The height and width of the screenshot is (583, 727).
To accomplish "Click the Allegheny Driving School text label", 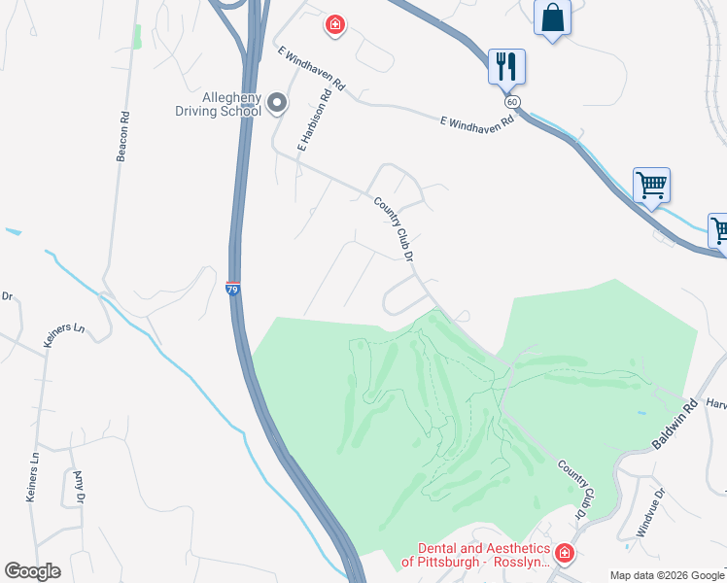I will coord(218,104).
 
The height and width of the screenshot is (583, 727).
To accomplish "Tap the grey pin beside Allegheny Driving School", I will coord(277,102).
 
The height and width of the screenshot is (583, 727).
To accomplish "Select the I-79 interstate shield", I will coord(232,289).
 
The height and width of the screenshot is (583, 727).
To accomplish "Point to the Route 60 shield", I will coord(511,101).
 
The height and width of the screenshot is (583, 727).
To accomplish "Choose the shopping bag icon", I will coord(553,17).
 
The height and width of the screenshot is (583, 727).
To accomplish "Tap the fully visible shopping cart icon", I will coord(651,184).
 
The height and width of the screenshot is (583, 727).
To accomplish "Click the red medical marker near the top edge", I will coord(335,23).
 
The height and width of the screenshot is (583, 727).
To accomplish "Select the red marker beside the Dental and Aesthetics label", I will coord(564,554).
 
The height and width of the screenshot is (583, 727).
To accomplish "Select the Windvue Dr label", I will coord(651,511).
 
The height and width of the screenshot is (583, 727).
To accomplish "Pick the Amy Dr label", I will coord(80,487).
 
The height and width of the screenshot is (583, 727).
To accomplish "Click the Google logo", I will coord(32,571).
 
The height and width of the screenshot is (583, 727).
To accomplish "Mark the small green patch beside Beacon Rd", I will coord(137,37).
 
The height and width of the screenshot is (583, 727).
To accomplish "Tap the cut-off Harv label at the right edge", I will coord(716,403).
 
